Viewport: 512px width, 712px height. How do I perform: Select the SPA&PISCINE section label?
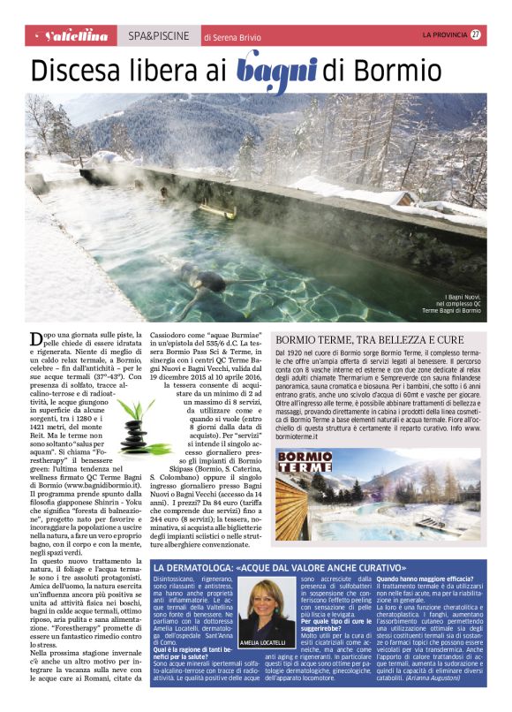click(157, 36)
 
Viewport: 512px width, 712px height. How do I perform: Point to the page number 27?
click(476, 34)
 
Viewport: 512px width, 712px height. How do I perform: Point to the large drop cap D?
click(36, 339)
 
